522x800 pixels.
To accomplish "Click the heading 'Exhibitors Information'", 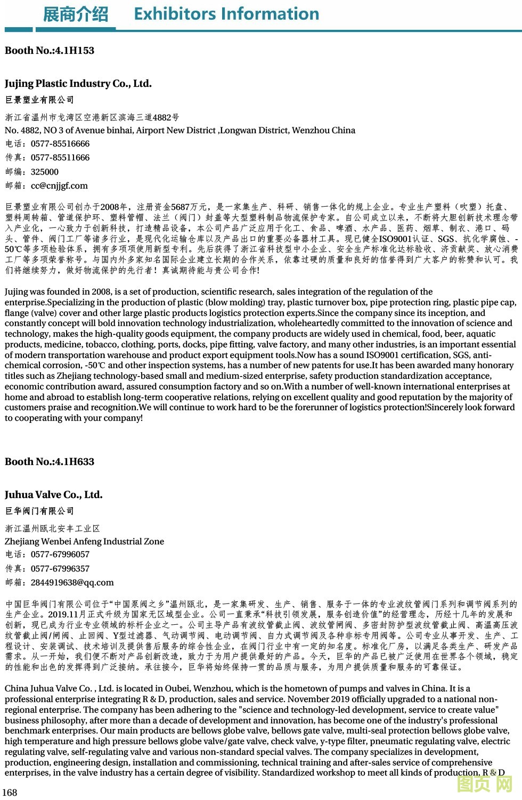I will click(226, 14).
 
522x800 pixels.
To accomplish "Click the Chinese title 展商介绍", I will click(75, 14).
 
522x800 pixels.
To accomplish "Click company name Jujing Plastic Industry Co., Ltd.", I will click(78, 84).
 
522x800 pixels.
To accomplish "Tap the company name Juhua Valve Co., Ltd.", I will click(54, 495).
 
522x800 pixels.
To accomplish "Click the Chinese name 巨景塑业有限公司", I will click(39, 100).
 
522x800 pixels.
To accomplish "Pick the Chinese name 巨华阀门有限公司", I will click(39, 511).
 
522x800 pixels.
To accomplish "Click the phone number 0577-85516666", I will click(60, 144).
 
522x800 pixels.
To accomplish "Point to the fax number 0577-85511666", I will click(60, 158).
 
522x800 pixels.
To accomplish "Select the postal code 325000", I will click(45, 172).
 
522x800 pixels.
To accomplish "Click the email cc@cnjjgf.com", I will click(59, 186).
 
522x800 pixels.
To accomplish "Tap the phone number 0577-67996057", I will click(60, 554).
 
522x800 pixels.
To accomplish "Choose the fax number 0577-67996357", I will click(60, 569).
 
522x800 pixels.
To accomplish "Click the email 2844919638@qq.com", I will click(72, 583).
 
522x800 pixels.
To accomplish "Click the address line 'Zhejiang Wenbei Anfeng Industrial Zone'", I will click(84, 542).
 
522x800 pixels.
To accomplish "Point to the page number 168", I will click(10, 793).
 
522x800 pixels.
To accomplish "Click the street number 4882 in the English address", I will click(30, 130).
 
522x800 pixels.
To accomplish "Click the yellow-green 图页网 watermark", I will click(485, 783).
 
